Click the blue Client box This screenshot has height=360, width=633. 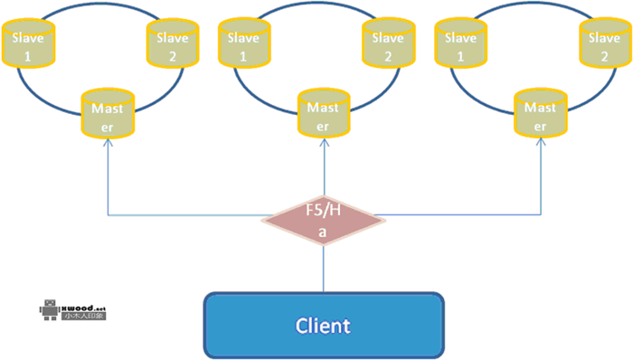click(323, 325)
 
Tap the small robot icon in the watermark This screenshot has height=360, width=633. click(49, 310)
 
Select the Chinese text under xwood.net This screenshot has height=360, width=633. click(84, 317)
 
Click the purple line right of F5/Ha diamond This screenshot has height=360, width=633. click(452, 215)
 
